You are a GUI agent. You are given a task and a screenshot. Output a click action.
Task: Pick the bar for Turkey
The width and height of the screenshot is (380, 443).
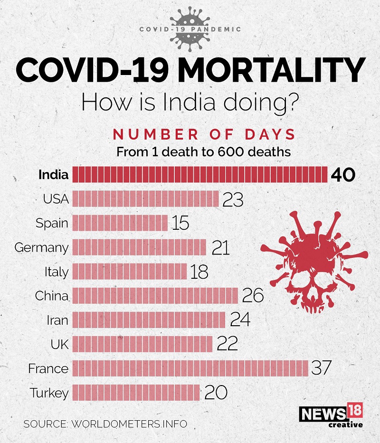(136, 393)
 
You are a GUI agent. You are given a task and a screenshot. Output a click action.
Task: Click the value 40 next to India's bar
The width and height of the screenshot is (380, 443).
(342, 175)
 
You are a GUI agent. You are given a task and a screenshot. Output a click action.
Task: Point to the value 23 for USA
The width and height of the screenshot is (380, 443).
(233, 199)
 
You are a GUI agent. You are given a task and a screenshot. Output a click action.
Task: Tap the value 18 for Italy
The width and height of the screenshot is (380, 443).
(199, 272)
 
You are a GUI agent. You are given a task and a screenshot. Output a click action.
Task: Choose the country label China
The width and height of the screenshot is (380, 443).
(51, 296)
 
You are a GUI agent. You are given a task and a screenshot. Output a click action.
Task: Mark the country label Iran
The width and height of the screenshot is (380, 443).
(57, 320)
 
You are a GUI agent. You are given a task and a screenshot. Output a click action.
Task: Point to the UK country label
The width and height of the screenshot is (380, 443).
(59, 344)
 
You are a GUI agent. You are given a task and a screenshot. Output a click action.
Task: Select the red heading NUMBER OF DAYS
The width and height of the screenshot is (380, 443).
(204, 134)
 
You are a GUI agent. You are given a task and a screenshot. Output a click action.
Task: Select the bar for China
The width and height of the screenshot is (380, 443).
(155, 296)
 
